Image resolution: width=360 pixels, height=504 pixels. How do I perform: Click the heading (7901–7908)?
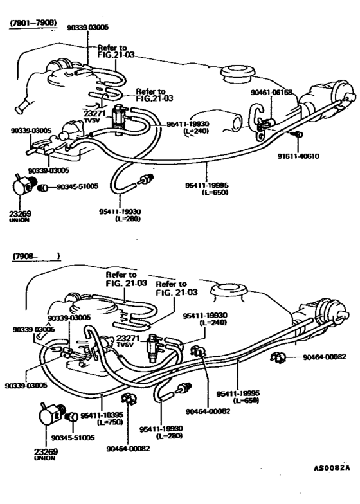pyautogui.click(x=32, y=24)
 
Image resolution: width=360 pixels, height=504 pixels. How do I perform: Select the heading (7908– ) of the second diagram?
pyautogui.click(x=36, y=256)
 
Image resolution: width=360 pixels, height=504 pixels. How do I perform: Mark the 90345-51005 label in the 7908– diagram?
pyautogui.click(x=72, y=437)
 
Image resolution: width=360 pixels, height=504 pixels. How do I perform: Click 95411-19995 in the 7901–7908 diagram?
pyautogui.click(x=208, y=184)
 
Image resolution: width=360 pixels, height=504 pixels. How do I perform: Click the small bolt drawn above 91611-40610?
pyautogui.click(x=296, y=134)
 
